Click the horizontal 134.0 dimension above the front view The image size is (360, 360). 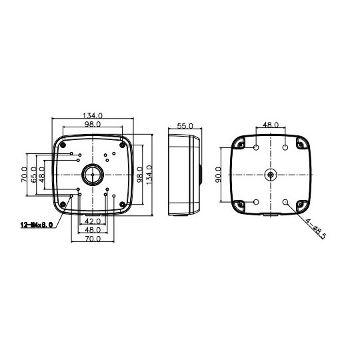pos(93,115)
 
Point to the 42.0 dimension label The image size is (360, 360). pos(93,221)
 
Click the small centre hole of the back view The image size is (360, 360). pos(270,175)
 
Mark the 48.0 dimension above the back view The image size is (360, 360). pos(271,125)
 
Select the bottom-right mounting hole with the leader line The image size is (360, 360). pos(285,202)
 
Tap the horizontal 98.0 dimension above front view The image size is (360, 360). pos(93,125)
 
